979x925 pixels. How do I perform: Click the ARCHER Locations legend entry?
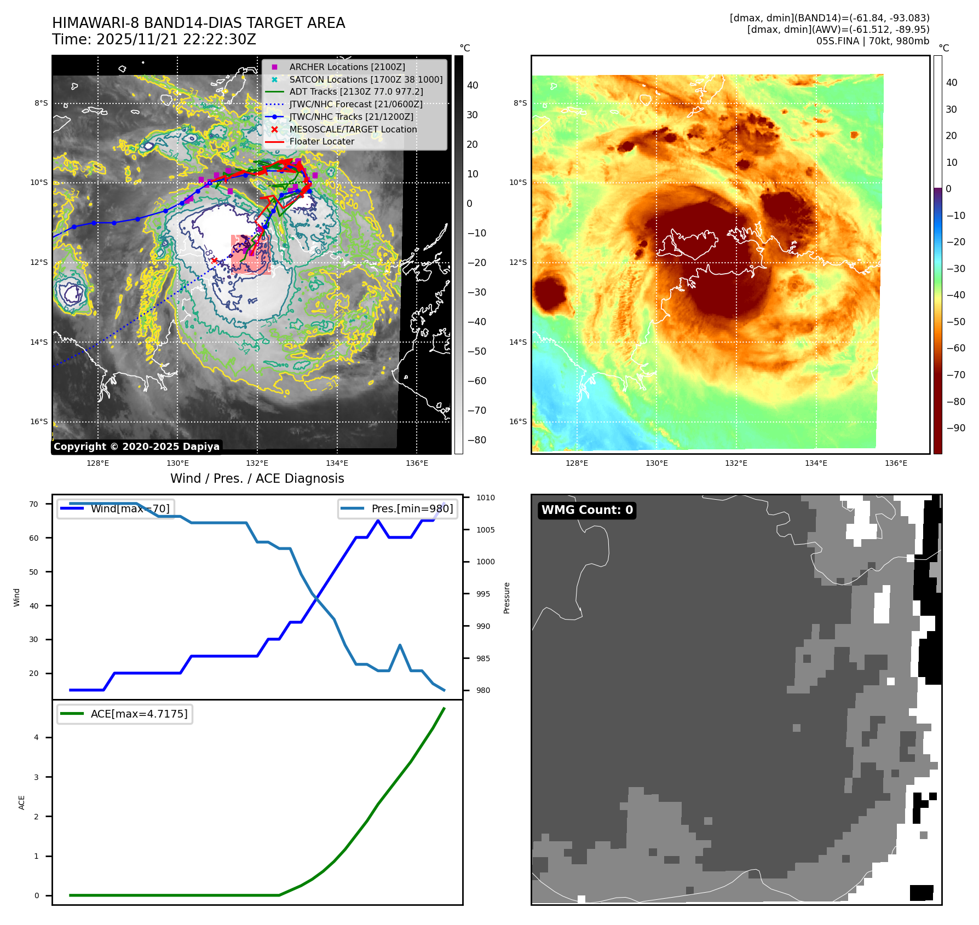(x=347, y=67)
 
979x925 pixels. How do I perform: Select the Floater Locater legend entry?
(x=321, y=141)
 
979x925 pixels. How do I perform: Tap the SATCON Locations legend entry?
(x=366, y=79)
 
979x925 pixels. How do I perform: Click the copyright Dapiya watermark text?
(x=136, y=447)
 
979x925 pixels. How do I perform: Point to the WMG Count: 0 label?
(x=587, y=510)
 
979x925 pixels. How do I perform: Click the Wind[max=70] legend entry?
(x=130, y=508)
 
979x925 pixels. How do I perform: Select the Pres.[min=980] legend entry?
(x=412, y=508)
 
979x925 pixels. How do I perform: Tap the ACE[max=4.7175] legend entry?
(x=139, y=714)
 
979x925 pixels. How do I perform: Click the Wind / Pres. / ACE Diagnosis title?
(x=257, y=478)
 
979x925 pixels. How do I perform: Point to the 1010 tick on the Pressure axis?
(x=485, y=498)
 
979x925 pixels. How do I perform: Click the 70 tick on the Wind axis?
(x=34, y=504)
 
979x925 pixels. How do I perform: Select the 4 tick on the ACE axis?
(x=37, y=737)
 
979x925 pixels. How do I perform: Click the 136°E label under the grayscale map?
(x=417, y=463)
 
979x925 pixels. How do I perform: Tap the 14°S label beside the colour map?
(x=518, y=342)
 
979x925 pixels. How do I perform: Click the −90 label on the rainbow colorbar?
(x=956, y=428)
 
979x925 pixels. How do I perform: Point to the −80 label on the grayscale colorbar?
(x=476, y=440)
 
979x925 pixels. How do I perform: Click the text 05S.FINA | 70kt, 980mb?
(x=873, y=41)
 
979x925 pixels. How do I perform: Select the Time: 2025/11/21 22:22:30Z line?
(x=154, y=39)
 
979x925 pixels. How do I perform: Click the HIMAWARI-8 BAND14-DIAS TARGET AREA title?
(x=198, y=23)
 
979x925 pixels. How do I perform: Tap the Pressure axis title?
(x=506, y=598)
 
